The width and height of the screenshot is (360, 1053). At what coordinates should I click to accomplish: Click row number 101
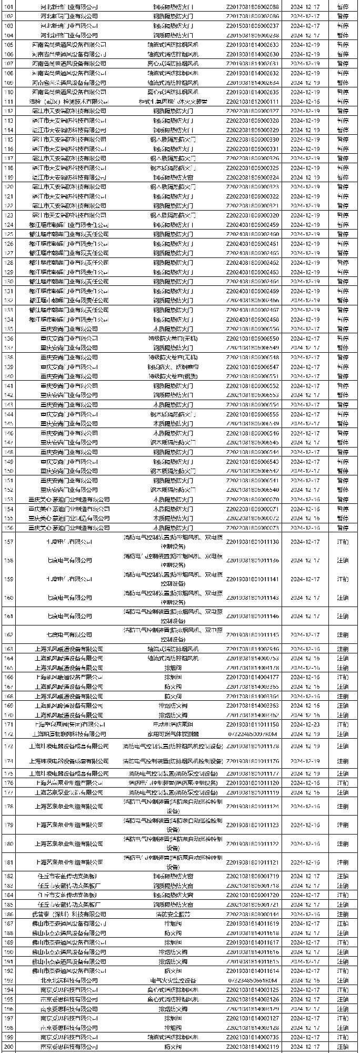8,7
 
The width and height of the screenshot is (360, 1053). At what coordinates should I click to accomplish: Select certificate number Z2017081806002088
253,7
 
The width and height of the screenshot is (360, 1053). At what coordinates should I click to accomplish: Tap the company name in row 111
69,102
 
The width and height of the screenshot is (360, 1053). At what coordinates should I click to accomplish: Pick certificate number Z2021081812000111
253,102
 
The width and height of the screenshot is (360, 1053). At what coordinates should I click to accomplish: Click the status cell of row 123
343,215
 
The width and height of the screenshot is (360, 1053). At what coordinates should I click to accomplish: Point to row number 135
8,329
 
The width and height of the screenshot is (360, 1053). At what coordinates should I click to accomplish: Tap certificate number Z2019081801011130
253,542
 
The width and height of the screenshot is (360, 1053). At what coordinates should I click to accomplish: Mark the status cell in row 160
343,598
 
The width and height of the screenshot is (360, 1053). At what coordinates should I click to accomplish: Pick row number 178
8,806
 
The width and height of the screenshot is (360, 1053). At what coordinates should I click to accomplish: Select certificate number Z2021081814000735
253,1037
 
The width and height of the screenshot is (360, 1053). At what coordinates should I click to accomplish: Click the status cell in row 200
343,1047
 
